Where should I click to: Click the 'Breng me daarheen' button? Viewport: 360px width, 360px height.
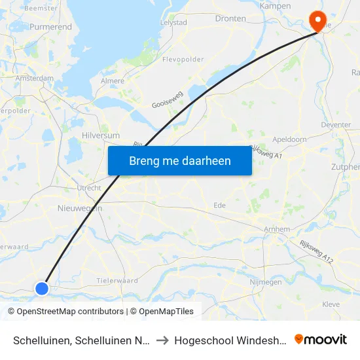tap(180, 160)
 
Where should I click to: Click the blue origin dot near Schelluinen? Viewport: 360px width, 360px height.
tap(42, 288)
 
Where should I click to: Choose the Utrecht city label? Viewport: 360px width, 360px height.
tap(89, 187)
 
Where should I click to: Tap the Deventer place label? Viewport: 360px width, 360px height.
tap(337, 124)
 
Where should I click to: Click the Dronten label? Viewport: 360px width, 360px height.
tap(229, 19)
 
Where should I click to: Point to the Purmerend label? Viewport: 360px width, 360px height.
tap(50, 28)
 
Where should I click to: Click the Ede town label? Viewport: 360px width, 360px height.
tap(220, 205)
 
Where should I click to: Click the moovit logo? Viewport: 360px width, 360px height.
tap(321, 339)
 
